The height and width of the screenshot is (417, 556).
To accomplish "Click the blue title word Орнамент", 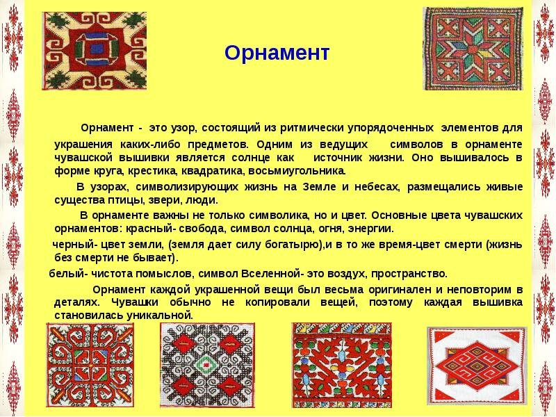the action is tap(277, 54).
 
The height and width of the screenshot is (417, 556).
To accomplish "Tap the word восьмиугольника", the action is tap(297, 171).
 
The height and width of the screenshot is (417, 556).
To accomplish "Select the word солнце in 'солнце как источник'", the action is tap(254, 158).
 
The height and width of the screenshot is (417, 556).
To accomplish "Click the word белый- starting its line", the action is tap(68, 274).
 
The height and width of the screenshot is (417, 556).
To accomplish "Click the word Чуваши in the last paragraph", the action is tap(135, 302).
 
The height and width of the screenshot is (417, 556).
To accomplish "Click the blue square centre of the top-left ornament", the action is tap(95, 48).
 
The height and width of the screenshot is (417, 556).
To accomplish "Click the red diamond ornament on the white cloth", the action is tap(477, 366).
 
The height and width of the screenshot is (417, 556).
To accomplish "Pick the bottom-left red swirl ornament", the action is tap(90, 365).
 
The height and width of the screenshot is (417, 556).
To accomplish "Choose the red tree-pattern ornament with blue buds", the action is tap(342, 365).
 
